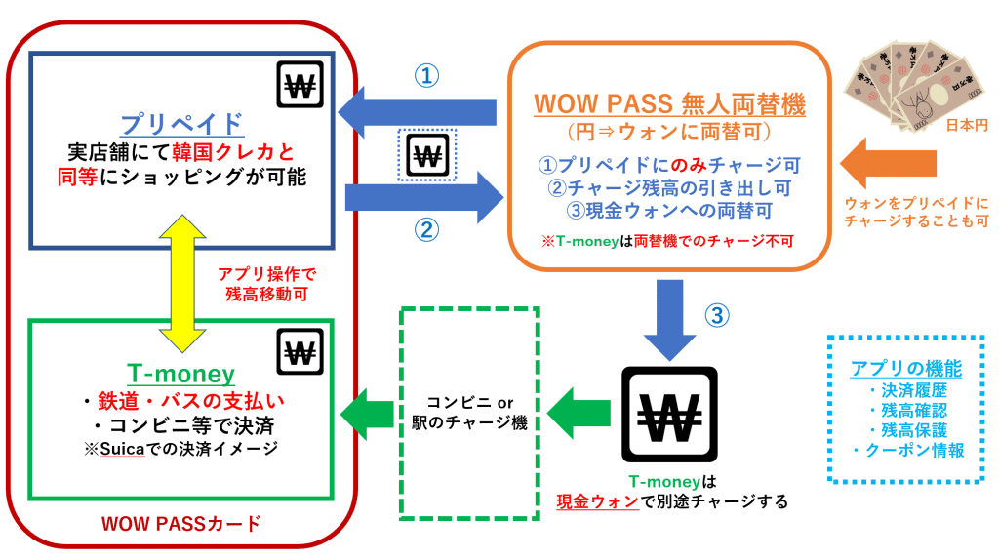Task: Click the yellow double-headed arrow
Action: point(182,284)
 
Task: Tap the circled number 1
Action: point(426,76)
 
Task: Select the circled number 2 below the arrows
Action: point(426,230)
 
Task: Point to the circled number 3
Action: point(717,315)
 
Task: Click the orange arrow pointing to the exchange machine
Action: point(888,164)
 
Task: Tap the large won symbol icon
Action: point(669,415)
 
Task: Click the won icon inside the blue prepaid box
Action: point(300,84)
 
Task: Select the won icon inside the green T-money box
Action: point(300,351)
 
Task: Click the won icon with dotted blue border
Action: point(427,155)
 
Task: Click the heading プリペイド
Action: point(182,124)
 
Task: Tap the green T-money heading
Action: point(180,374)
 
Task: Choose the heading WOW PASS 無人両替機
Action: point(669,103)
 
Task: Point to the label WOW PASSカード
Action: point(181,524)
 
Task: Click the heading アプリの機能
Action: point(906,368)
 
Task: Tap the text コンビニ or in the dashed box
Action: point(469,403)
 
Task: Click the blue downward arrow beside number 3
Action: point(669,320)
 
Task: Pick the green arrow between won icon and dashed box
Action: point(579,414)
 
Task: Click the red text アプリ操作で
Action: point(267,274)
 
